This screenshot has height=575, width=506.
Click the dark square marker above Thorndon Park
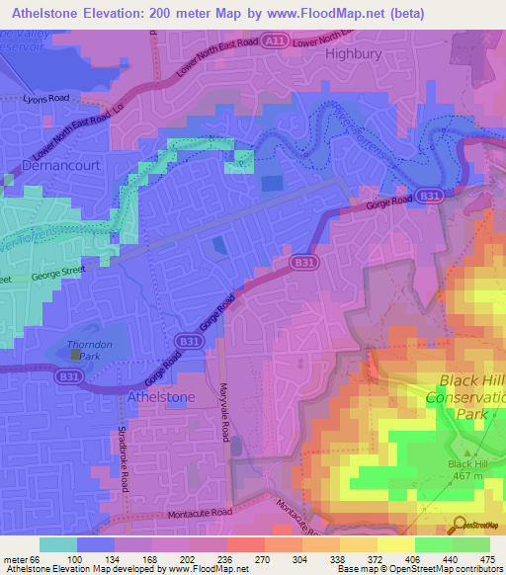point(75,343)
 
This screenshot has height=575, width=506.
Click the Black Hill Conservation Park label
point(464,397)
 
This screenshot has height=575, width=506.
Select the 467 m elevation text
point(462,476)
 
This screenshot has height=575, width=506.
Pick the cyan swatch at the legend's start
point(58,544)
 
